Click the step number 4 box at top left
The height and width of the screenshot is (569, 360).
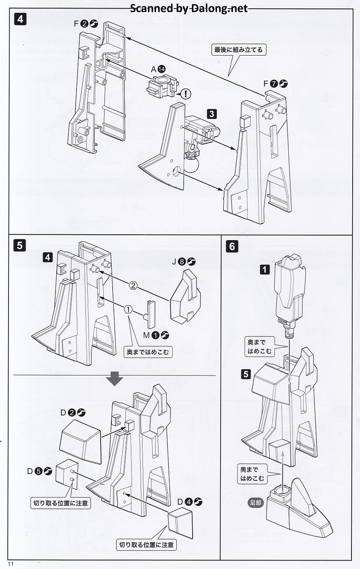(x=20, y=19)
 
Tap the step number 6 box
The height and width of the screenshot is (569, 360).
(x=232, y=246)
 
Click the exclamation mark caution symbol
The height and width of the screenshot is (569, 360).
(x=187, y=93)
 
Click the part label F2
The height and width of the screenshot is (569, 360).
(x=86, y=24)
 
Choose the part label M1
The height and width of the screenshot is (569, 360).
(x=156, y=335)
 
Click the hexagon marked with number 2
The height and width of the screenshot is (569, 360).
(x=133, y=286)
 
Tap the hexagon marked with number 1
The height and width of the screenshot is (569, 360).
(x=129, y=310)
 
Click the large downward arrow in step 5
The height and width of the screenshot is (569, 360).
(x=115, y=379)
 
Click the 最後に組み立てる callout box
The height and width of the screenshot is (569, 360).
(x=238, y=50)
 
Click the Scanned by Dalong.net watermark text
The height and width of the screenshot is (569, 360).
(x=189, y=8)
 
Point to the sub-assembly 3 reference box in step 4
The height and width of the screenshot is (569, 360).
(x=212, y=114)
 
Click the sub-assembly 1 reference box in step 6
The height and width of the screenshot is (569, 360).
(x=264, y=269)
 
